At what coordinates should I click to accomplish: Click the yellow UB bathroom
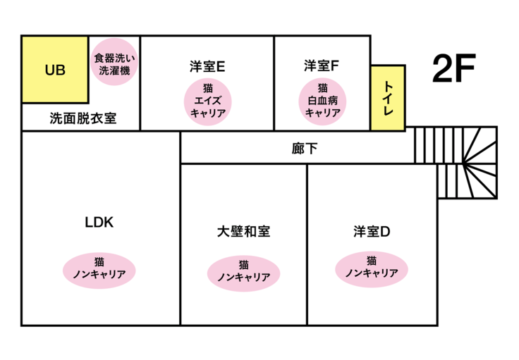click(55, 70)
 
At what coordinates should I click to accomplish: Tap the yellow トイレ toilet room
click(387, 98)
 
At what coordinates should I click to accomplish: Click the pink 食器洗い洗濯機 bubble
click(114, 61)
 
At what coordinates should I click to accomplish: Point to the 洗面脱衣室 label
click(83, 118)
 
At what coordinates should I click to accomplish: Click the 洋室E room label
click(207, 67)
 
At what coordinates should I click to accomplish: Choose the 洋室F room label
click(322, 67)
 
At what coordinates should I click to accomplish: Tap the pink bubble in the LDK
click(99, 268)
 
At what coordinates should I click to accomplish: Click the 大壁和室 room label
click(243, 231)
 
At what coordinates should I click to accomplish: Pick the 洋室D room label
click(372, 231)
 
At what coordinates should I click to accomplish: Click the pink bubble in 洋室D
click(372, 268)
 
